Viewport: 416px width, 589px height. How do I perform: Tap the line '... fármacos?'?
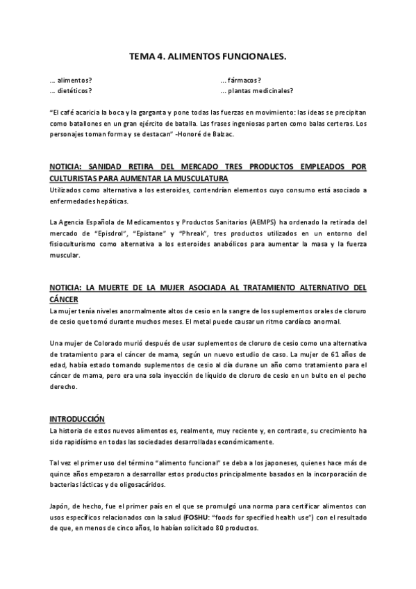pos(240,81)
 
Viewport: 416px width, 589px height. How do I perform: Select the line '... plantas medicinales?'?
pos(256,91)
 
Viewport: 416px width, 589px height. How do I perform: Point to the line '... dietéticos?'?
pos(71,91)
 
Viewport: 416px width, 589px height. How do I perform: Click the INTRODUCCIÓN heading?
pos(76,420)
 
